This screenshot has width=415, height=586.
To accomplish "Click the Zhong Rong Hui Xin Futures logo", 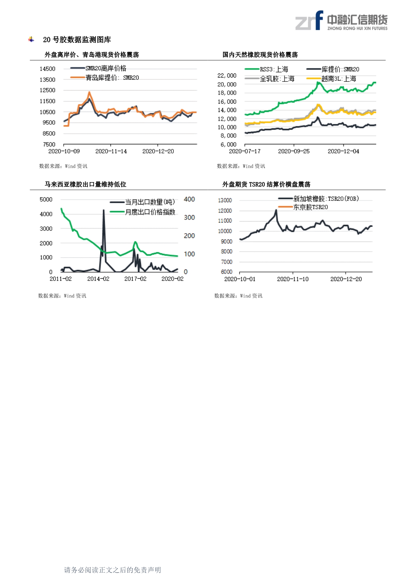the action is [341, 21].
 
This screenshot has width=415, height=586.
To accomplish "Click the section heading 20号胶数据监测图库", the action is [77, 40].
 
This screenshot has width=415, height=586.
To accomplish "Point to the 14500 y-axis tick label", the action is [48, 69].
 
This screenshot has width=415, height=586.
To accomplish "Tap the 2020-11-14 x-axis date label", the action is [111, 151].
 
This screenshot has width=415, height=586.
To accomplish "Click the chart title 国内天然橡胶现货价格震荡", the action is [260, 54].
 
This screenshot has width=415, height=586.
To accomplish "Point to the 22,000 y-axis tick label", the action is [227, 76].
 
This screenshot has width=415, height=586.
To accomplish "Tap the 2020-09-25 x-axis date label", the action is [294, 151].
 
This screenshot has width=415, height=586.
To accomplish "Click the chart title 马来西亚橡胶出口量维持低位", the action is [86, 184].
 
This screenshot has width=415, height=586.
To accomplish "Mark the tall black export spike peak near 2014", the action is [104, 210].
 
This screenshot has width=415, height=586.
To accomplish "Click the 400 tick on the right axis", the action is [189, 199].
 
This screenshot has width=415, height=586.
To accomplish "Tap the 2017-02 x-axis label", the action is [135, 279].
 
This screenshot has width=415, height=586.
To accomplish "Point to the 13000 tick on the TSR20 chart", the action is [225, 200].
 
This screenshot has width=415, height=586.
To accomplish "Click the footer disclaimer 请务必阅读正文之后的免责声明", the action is [112, 570].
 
